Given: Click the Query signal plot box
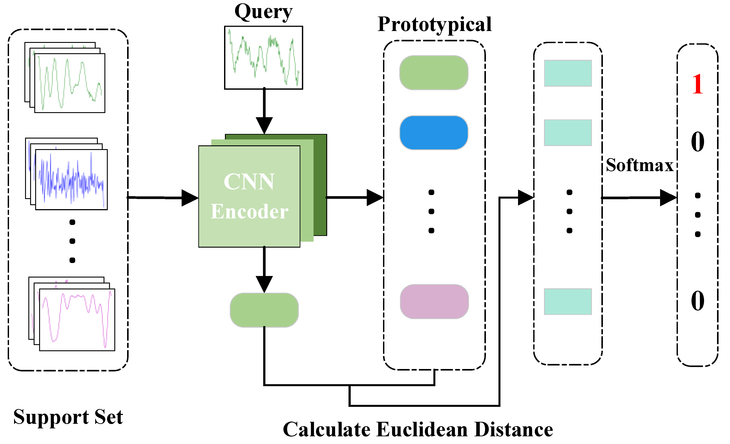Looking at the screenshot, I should (x=263, y=58).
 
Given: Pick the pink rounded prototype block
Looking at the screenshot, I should (x=434, y=302).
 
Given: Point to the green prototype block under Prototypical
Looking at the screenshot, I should (x=434, y=73).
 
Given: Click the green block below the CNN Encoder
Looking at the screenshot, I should (x=264, y=310).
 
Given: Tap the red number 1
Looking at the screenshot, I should (x=698, y=84).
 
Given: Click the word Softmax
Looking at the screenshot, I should (x=639, y=165).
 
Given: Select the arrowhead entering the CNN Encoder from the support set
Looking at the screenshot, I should (x=190, y=198).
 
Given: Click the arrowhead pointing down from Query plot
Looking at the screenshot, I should (x=264, y=125).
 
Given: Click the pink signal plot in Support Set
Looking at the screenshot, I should (x=77, y=320).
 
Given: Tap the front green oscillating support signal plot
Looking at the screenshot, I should (x=70, y=83).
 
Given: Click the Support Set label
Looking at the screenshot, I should (x=68, y=417).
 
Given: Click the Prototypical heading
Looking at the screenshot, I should (x=434, y=24).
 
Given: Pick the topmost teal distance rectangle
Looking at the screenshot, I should (x=568, y=73).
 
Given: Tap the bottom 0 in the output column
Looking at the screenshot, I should (x=697, y=301).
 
